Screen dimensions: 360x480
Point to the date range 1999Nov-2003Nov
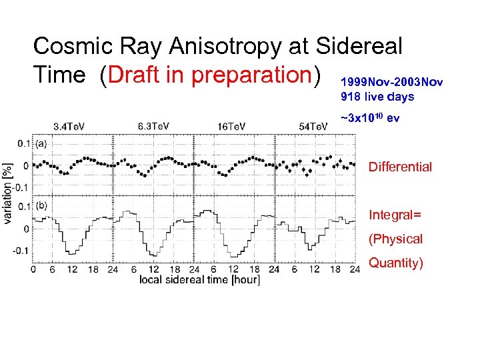(391, 82)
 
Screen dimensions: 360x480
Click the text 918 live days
(377, 97)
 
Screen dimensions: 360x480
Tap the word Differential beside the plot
(400, 167)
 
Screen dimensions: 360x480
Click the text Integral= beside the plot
(395, 215)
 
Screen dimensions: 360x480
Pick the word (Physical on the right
(396, 239)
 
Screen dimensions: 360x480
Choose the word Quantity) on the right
(396, 263)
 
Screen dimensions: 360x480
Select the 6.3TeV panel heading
(153, 126)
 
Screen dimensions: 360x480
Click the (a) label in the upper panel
(41, 143)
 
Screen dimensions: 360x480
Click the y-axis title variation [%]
(8, 193)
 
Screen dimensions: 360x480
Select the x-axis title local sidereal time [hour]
(199, 279)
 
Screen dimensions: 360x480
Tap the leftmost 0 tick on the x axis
(33, 269)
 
